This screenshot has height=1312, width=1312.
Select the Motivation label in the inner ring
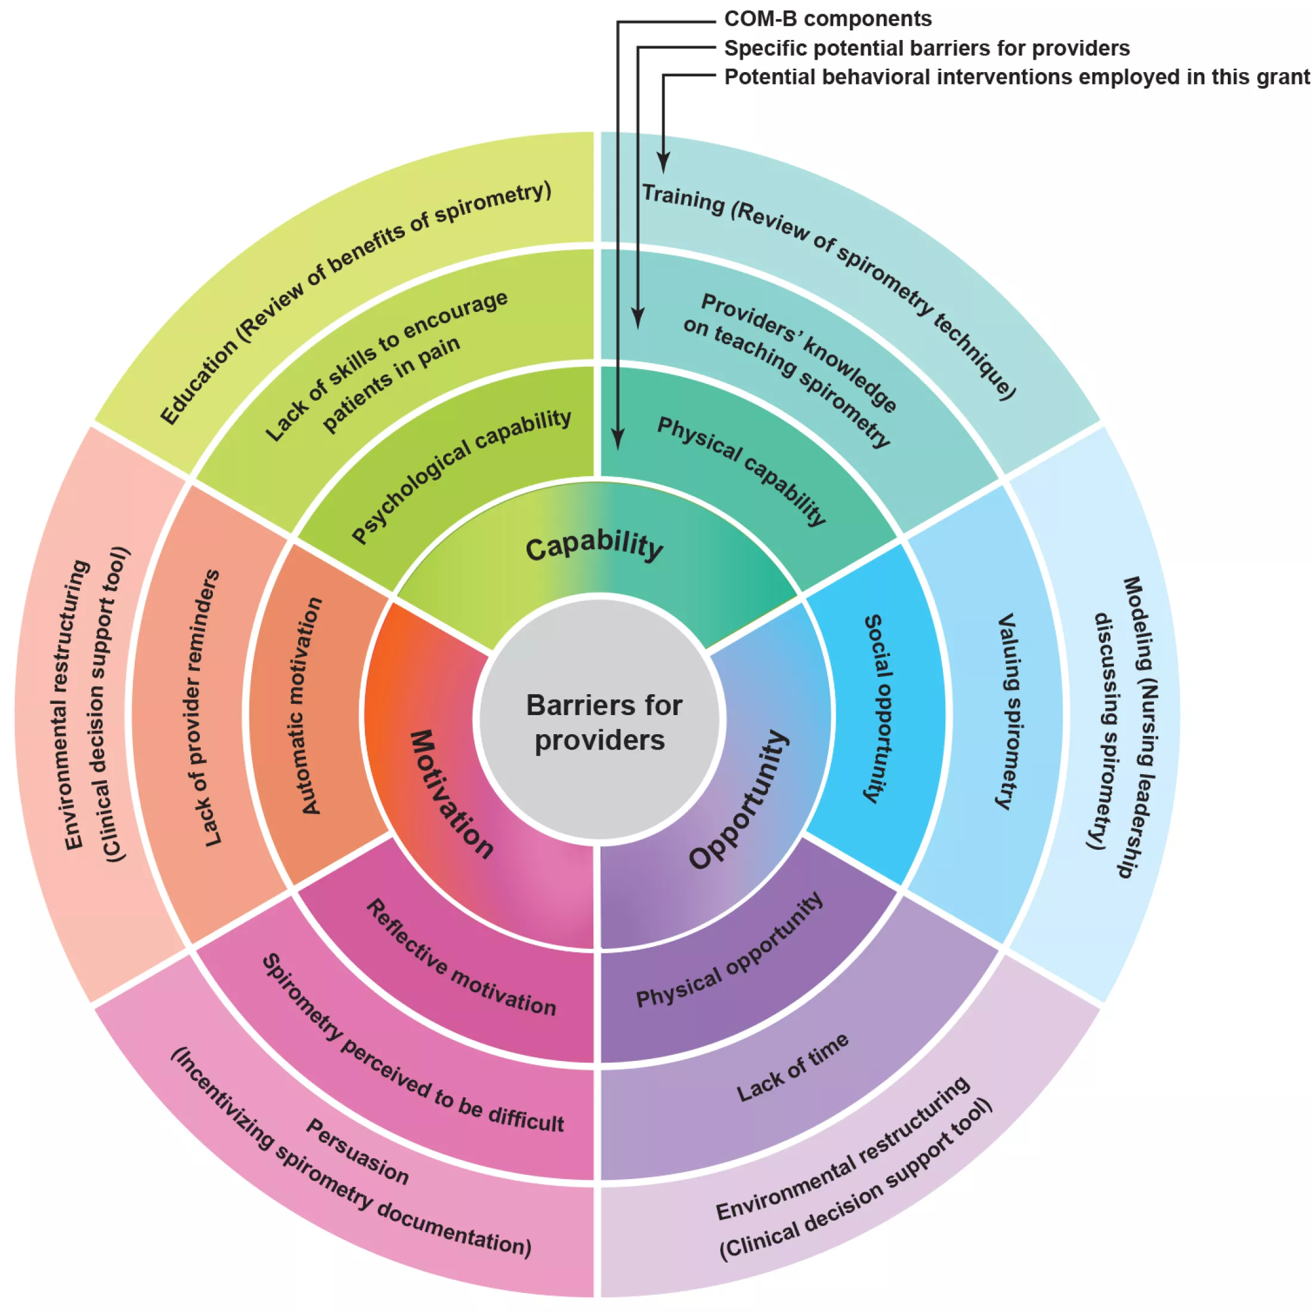tap(451, 794)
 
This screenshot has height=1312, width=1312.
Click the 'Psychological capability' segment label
tap(461, 475)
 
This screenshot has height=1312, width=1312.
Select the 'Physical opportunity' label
tap(730, 951)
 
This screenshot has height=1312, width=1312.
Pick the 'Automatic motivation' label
tap(311, 705)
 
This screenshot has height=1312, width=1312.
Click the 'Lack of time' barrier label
tap(793, 1067)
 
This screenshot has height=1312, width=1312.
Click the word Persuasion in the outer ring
tap(357, 1152)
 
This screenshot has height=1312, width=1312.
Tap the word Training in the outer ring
tap(682, 199)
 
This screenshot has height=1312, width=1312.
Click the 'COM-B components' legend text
tap(828, 19)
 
